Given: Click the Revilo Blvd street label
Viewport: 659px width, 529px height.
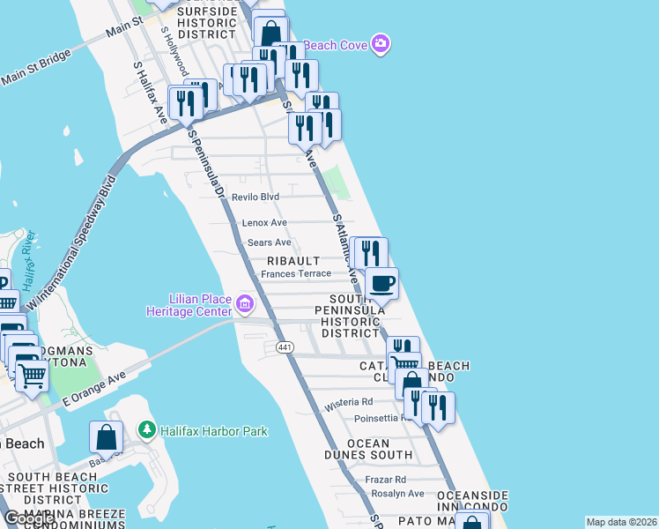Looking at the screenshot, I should (255, 197).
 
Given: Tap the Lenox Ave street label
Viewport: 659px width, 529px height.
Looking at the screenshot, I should (265, 223).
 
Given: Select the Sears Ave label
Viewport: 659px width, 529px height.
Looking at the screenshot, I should (269, 242).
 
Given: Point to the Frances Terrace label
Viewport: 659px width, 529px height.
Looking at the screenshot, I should (296, 274).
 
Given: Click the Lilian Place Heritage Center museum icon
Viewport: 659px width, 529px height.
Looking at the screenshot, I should (245, 306).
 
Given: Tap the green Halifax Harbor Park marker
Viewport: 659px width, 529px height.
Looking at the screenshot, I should (146, 431).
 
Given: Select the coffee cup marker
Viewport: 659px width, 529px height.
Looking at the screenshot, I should (381, 284).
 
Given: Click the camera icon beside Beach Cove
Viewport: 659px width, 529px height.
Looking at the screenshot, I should (381, 43).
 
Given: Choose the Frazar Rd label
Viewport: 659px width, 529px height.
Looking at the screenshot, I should (388, 480).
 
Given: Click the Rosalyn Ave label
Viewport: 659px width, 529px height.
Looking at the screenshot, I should (397, 494).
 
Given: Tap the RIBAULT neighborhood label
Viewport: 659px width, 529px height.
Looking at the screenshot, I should (295, 262).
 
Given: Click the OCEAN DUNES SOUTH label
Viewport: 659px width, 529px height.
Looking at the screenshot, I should (367, 449).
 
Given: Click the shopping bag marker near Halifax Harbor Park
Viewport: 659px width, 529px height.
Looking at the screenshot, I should (106, 437).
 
